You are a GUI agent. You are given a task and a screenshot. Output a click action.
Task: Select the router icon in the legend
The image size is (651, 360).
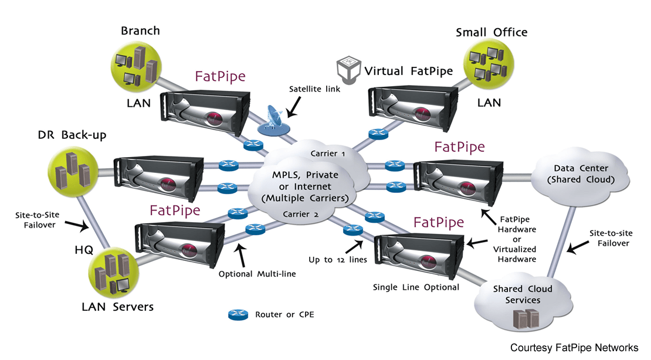(x=239, y=315)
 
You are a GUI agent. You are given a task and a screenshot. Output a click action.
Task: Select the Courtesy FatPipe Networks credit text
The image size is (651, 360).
(x=574, y=348)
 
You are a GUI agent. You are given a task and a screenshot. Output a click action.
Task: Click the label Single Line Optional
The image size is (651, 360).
(x=416, y=287)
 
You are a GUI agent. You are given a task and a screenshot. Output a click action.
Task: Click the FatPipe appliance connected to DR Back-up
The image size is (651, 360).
(x=160, y=174)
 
